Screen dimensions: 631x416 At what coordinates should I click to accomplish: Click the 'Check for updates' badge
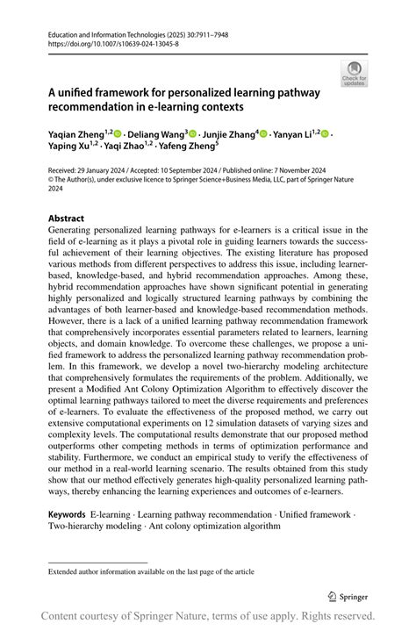click(355, 72)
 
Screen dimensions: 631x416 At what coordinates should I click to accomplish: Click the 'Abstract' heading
click(67, 218)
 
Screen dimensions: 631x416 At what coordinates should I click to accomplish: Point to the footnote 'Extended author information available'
click(151, 572)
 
